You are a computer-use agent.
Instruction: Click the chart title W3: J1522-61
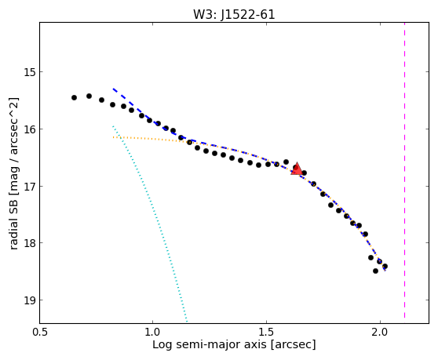point(234,15)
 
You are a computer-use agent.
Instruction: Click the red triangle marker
point(297,169)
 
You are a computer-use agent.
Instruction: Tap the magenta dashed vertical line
point(404,170)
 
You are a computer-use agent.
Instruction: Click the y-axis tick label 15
point(30,72)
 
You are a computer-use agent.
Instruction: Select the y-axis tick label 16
point(30,129)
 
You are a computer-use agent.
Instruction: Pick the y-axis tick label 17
point(30,186)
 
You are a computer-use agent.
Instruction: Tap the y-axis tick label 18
point(30,243)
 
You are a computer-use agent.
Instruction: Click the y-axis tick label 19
point(30,300)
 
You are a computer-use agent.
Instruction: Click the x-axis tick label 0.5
point(41,333)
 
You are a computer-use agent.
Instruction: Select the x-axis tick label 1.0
point(152,333)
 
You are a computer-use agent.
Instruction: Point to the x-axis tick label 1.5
point(266,333)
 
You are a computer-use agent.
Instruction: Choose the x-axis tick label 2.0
point(380,333)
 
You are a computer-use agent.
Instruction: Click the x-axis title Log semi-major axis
point(210,345)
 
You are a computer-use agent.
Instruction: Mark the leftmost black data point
point(74,98)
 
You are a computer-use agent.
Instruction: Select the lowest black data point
point(375,271)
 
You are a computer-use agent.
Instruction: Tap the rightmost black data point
point(385,266)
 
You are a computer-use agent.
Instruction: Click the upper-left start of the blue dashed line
point(113,89)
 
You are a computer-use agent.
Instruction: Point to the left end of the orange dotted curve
point(113,137)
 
